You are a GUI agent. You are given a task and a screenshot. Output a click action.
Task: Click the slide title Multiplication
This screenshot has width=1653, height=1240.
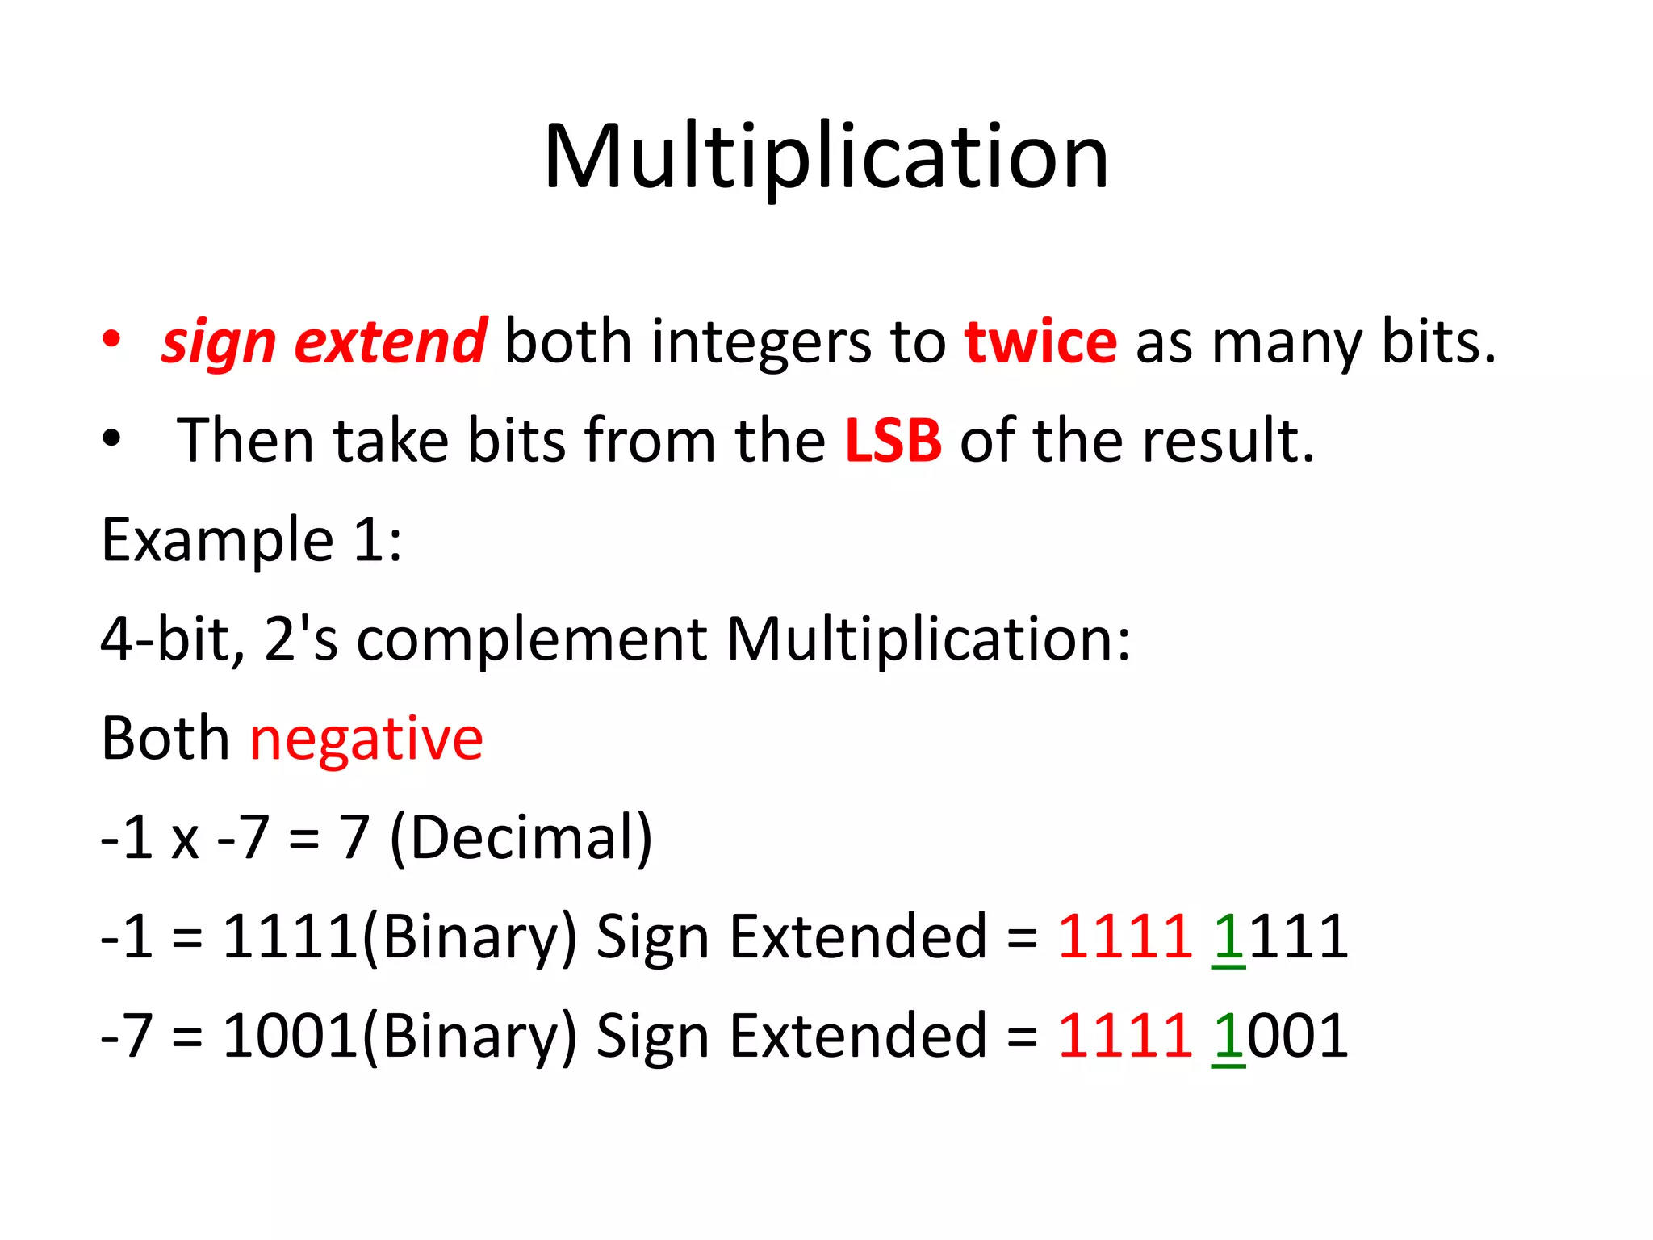(x=826, y=157)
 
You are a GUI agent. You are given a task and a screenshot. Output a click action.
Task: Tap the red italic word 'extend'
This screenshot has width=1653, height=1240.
(x=390, y=342)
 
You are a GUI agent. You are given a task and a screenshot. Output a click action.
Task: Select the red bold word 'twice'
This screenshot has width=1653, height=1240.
(x=1040, y=342)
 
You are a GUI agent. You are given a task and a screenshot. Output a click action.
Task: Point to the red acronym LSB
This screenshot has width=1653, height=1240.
(x=893, y=441)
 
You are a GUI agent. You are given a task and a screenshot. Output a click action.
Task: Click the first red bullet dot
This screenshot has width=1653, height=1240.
(x=111, y=339)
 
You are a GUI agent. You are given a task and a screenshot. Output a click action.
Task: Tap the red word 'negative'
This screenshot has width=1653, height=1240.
(x=366, y=739)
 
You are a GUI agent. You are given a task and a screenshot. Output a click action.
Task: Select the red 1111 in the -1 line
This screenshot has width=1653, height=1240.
(x=1124, y=937)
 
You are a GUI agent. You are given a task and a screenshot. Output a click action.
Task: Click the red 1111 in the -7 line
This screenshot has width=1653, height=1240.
(x=1124, y=1036)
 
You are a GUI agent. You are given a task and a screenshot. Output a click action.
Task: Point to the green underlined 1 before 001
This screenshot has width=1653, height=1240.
(x=1228, y=1036)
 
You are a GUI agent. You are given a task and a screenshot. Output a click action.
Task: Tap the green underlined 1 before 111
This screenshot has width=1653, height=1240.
(x=1228, y=937)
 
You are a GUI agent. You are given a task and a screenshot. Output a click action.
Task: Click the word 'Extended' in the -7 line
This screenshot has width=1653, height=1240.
(x=858, y=1036)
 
